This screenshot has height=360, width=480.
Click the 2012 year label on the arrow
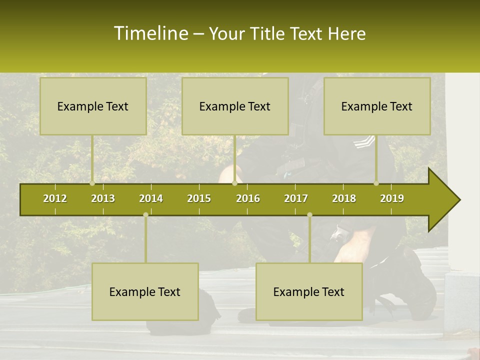(x=55, y=198)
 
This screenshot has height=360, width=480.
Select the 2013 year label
(x=103, y=198)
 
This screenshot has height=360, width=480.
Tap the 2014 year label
(x=151, y=198)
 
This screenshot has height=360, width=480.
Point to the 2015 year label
(x=199, y=198)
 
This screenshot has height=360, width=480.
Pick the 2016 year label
(x=248, y=198)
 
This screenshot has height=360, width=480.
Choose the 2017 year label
(x=296, y=198)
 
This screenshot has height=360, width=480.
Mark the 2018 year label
(x=344, y=198)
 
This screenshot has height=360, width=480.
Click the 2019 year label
(x=392, y=198)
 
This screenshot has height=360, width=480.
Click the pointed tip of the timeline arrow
(x=458, y=200)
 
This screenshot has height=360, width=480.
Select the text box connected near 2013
(x=93, y=106)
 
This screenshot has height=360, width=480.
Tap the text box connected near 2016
(x=235, y=106)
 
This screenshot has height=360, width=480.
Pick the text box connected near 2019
(x=377, y=106)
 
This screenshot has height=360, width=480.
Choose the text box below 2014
(x=145, y=291)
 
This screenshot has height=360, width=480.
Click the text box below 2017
(x=309, y=291)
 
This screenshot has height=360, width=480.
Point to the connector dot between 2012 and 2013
(x=92, y=183)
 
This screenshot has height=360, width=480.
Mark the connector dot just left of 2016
(x=235, y=183)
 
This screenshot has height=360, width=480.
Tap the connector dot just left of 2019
(x=376, y=183)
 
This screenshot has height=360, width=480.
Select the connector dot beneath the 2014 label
(x=145, y=215)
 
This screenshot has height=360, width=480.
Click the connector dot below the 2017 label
(x=309, y=215)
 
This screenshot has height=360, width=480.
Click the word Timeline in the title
(x=150, y=33)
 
